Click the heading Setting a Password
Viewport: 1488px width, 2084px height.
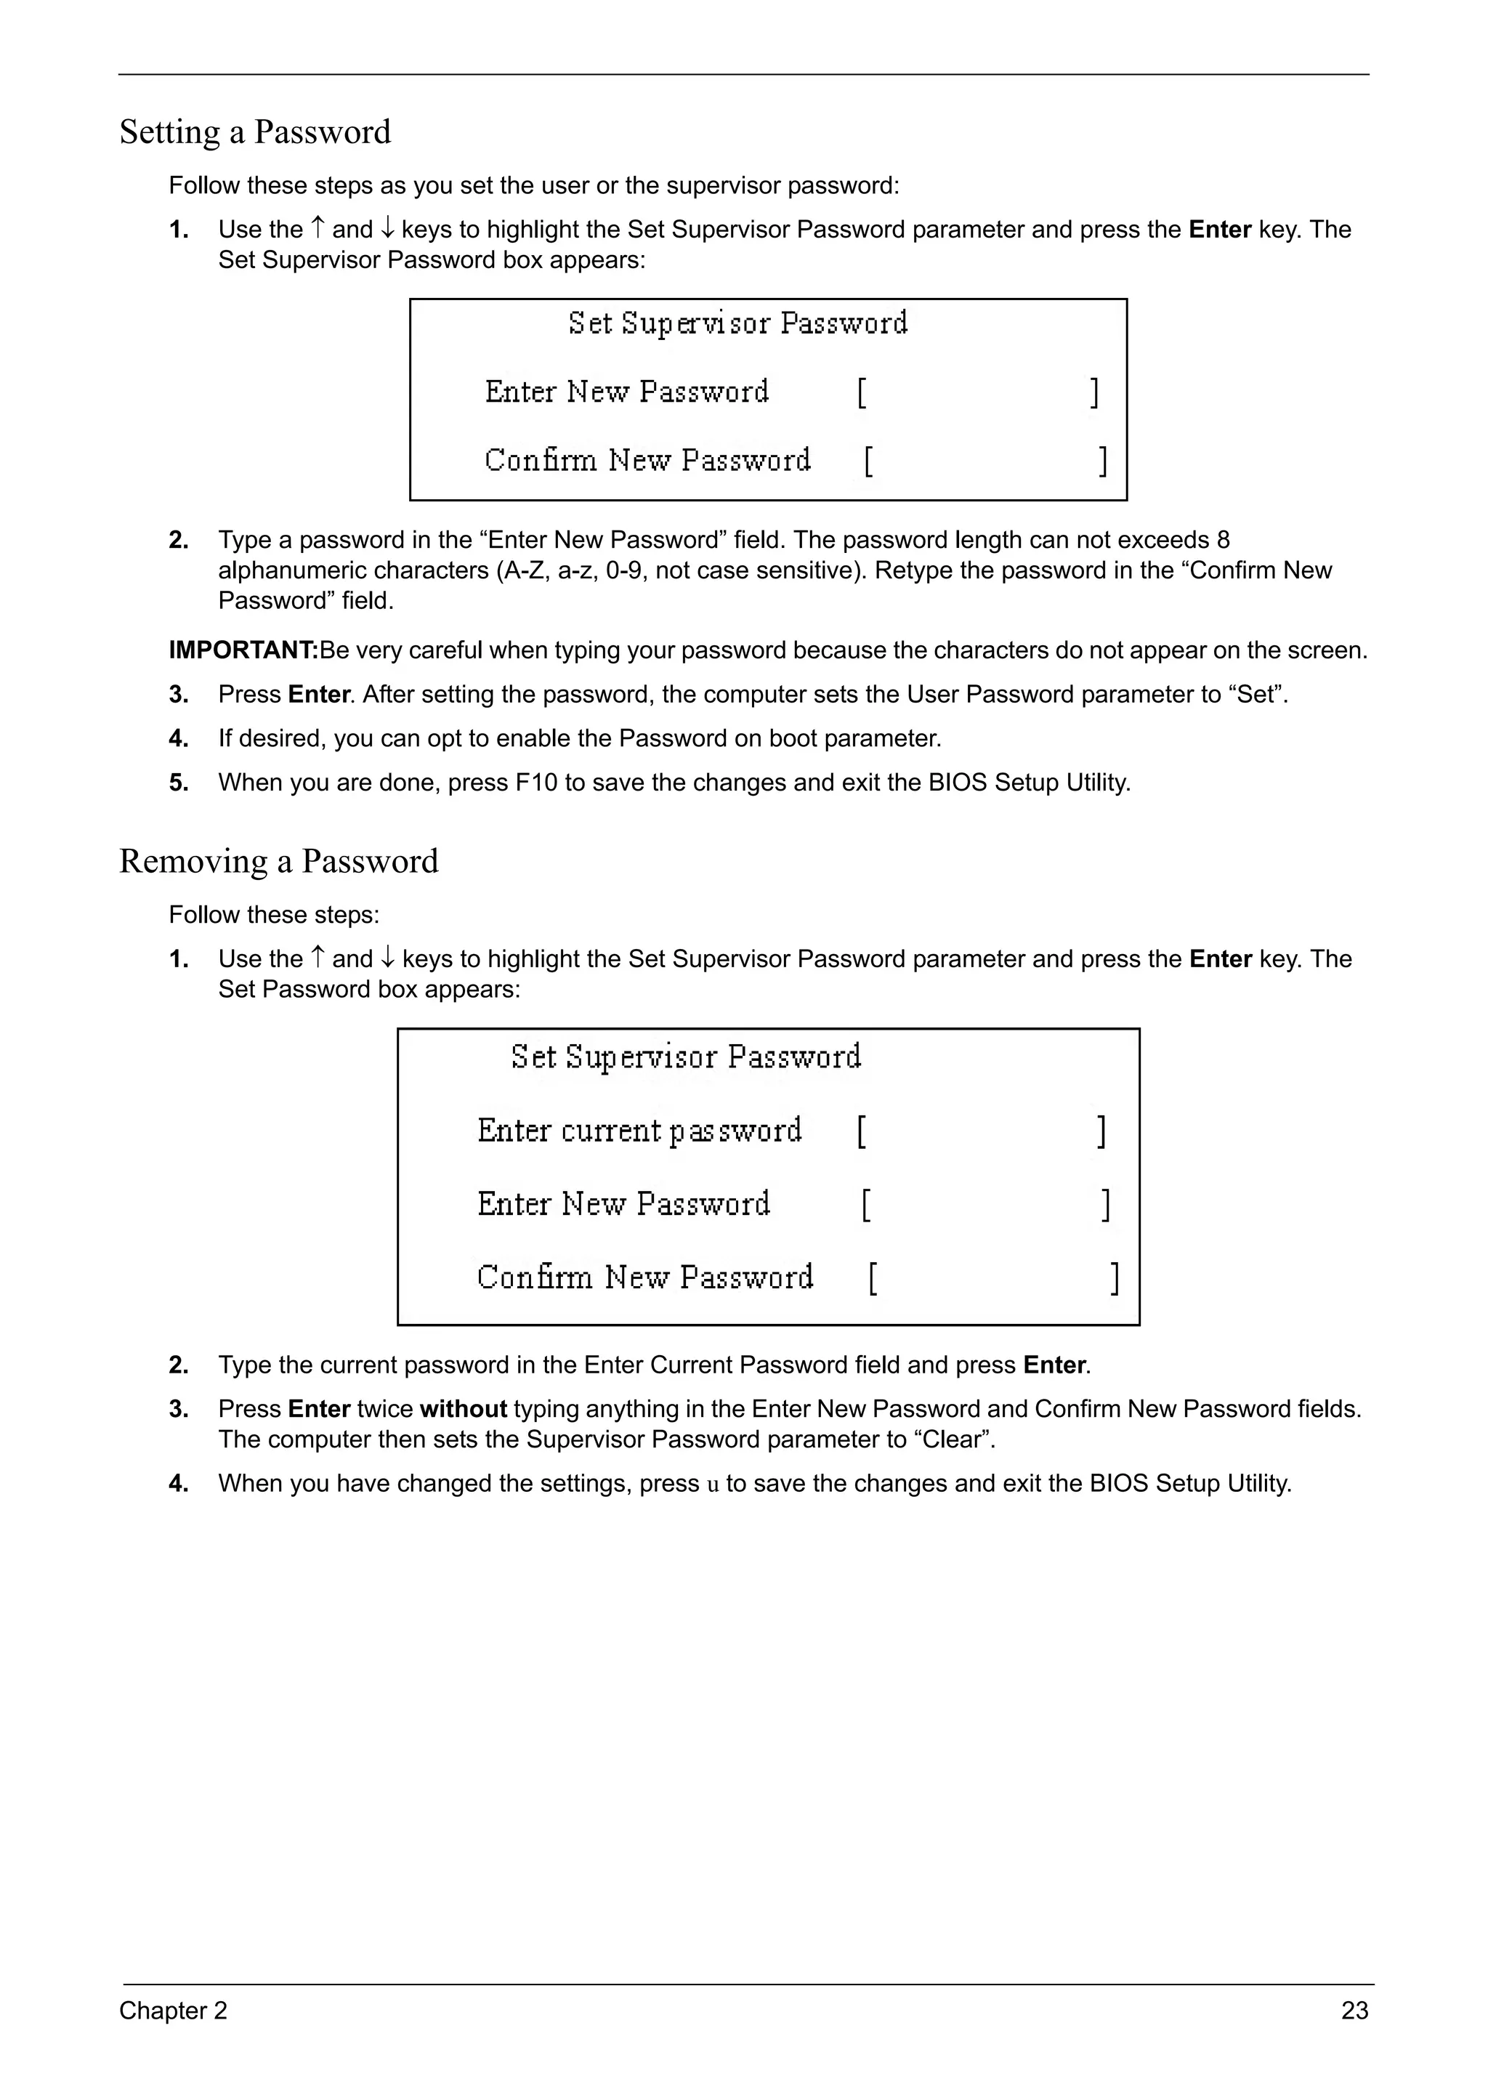coord(255,132)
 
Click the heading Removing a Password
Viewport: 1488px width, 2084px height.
coord(278,862)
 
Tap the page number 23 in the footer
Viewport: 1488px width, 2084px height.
coord(1354,2011)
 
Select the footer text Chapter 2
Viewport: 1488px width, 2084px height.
coord(173,2011)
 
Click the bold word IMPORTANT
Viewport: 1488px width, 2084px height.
coord(242,650)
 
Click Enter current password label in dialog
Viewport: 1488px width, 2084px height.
coord(639,1130)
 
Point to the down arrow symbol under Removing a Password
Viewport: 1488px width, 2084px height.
coord(387,958)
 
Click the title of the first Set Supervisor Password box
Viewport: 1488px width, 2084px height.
coord(737,323)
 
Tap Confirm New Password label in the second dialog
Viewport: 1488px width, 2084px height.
coord(644,1277)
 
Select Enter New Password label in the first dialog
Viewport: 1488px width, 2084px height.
coord(627,392)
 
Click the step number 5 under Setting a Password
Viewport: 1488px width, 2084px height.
coord(179,783)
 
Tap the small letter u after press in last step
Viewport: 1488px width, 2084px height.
coord(713,1484)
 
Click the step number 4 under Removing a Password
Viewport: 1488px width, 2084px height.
coord(179,1484)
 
